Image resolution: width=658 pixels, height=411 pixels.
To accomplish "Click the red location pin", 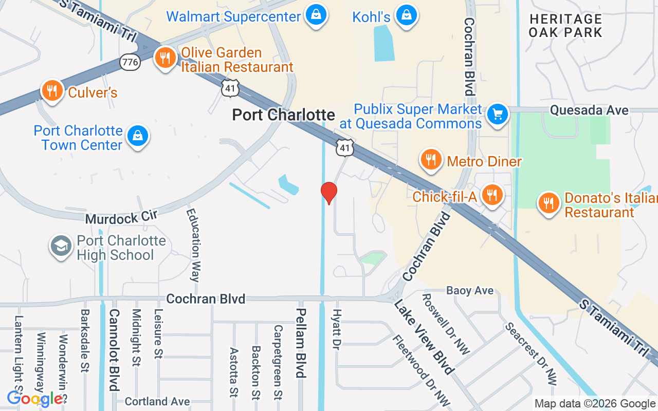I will [329, 193].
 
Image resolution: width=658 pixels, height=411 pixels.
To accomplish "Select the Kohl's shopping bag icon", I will [406, 16].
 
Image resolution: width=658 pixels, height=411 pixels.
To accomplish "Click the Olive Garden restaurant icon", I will [165, 58].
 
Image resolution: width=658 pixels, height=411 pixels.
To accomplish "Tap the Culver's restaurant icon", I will [51, 91].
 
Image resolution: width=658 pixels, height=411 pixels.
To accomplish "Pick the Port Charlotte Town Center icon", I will [137, 136].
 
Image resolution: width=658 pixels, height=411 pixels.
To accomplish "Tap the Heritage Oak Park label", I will [565, 26].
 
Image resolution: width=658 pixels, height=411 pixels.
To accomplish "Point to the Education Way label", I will [193, 245].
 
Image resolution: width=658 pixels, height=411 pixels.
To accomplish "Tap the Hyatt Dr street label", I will [337, 329].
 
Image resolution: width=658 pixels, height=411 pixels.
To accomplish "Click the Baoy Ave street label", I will [469, 291].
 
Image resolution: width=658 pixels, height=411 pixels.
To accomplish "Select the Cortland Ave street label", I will [157, 401].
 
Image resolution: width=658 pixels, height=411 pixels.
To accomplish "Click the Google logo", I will [34, 399].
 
